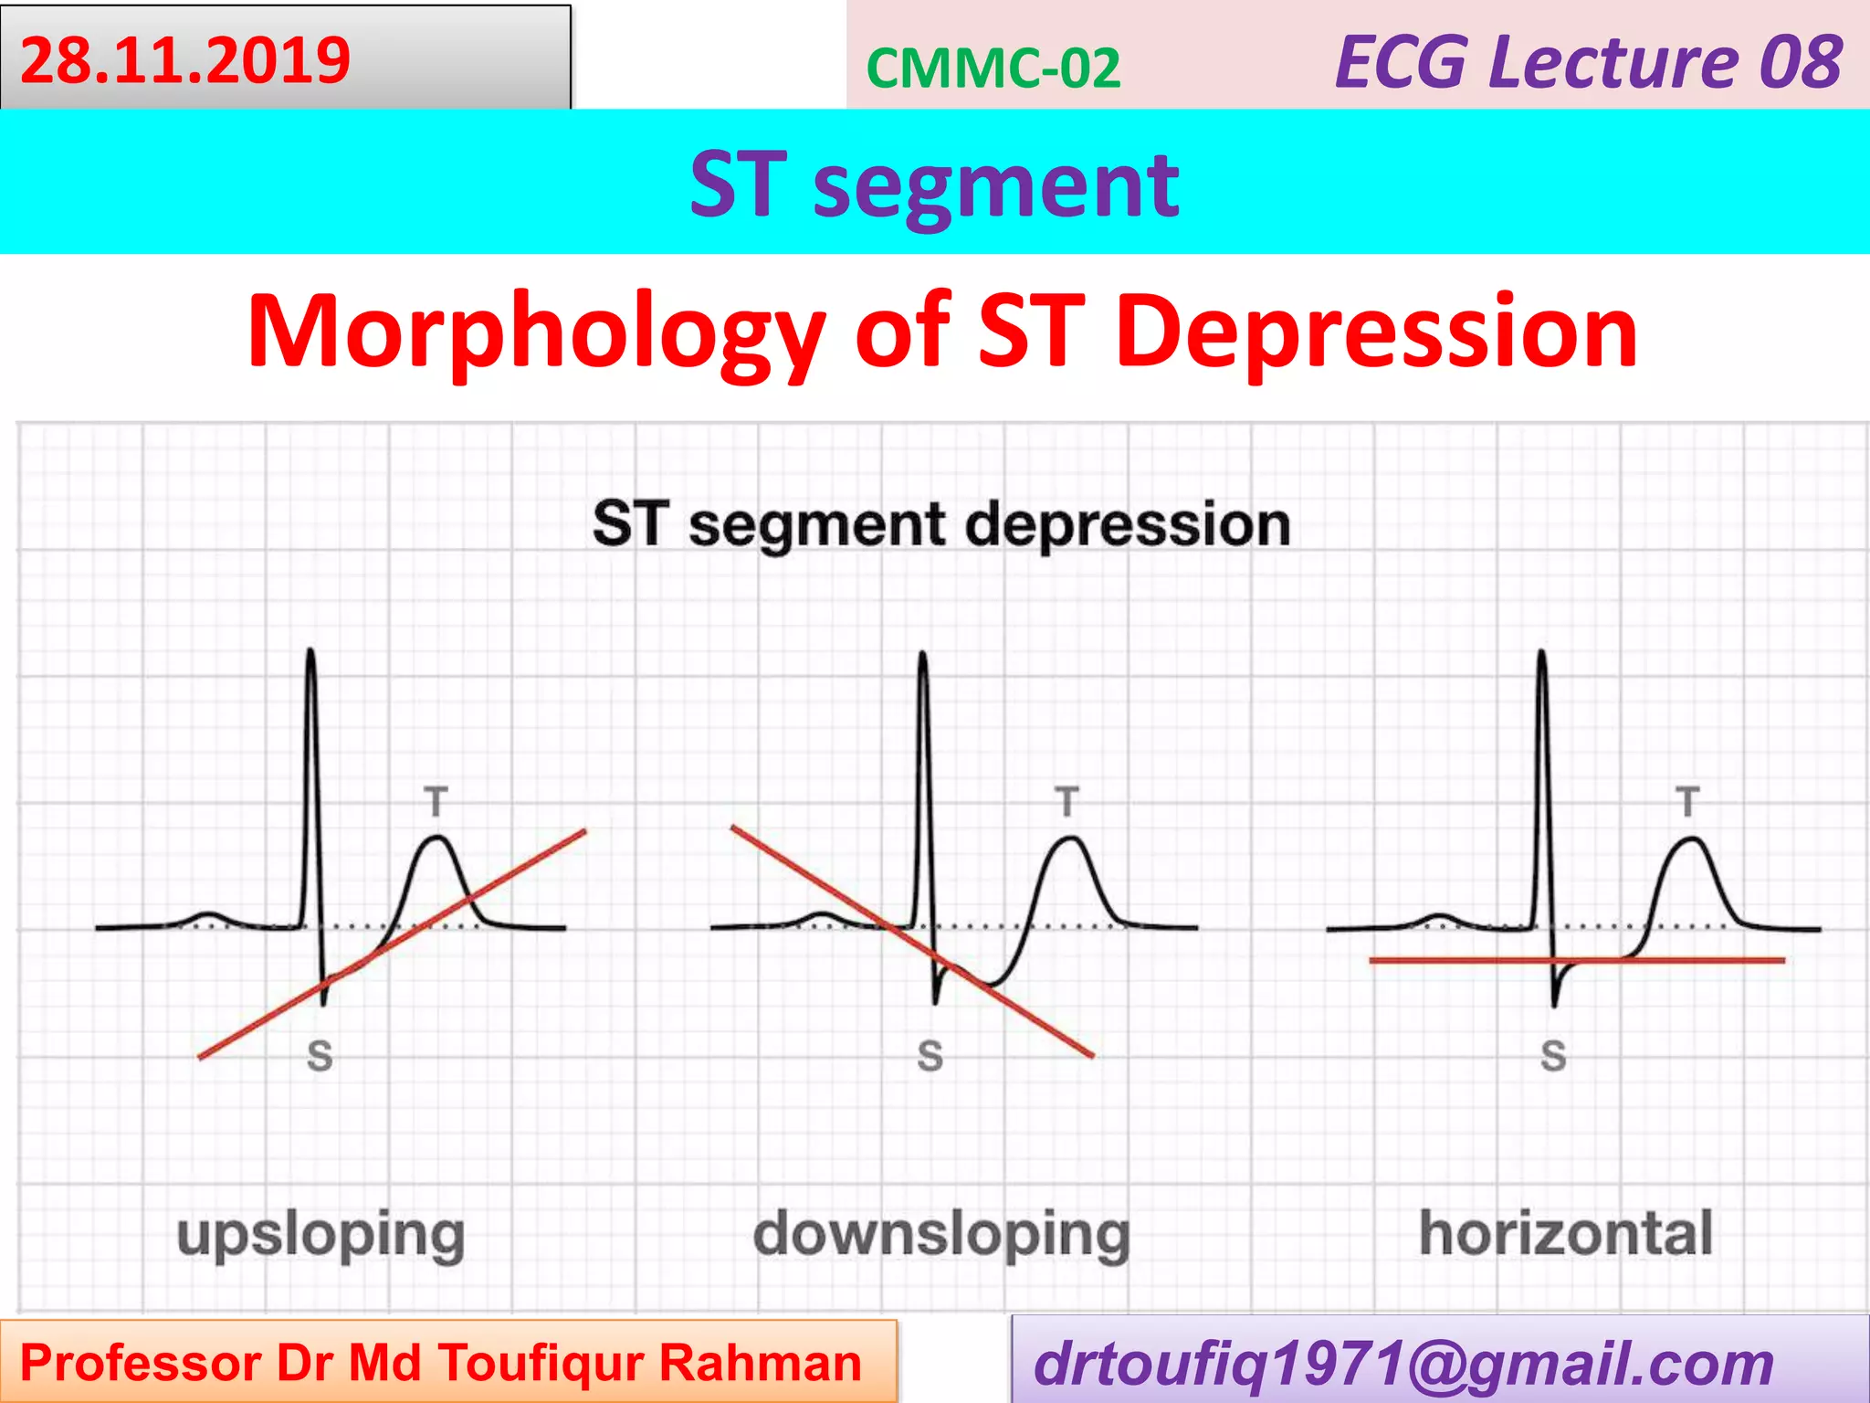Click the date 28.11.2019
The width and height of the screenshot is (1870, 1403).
tap(185, 61)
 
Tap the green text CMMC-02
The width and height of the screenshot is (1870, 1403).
tap(993, 69)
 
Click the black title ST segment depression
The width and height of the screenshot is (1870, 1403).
tap(941, 524)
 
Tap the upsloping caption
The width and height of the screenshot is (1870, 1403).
tap(320, 1235)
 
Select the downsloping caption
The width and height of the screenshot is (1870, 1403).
tap(941, 1235)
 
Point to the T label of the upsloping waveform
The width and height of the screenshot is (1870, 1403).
tap(436, 802)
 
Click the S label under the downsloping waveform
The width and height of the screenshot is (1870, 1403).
tap(930, 1056)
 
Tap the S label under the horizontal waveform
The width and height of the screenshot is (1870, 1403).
tap(1553, 1056)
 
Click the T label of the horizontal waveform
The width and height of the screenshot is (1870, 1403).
tap(1687, 802)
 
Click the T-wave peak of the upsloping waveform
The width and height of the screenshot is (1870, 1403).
tap(438, 839)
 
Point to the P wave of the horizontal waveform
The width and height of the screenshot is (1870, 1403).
tap(1439, 916)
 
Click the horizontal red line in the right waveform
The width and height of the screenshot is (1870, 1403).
tap(1461, 960)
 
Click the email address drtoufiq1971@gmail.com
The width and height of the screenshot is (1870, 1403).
tap(1403, 1364)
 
